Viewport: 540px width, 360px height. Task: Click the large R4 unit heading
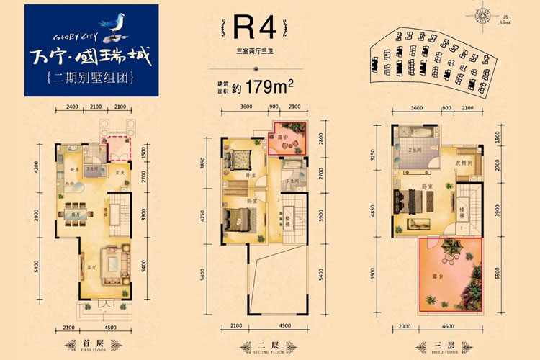pos(255,28)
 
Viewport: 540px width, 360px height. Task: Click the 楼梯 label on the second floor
pos(287,216)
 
